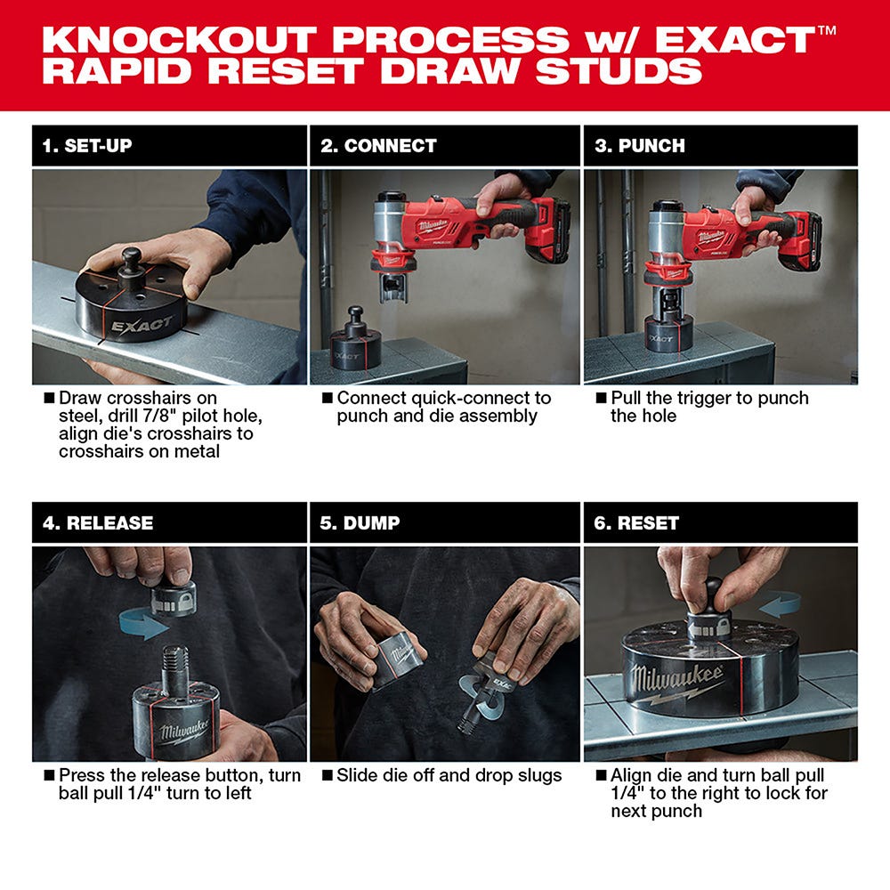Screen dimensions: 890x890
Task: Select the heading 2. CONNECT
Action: [x=378, y=146]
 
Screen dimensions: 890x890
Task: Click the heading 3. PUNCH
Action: [x=640, y=146]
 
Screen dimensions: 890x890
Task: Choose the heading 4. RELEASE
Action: [x=98, y=523]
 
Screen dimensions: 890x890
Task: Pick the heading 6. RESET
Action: [x=636, y=523]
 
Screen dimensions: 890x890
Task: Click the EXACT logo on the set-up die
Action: [x=142, y=325]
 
